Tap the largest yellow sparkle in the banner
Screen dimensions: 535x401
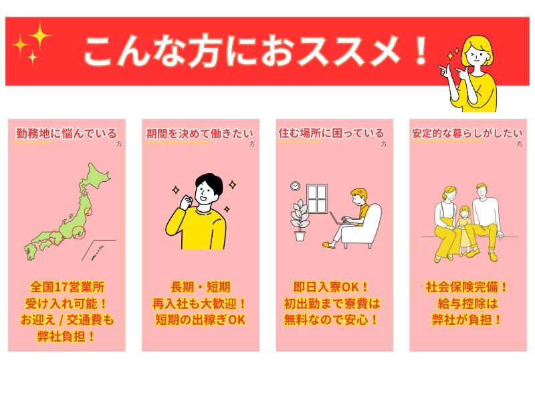[39, 36]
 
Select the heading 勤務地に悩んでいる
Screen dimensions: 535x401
[66, 133]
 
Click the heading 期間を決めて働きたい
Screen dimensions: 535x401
[200, 133]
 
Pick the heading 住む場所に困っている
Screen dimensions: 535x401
[331, 133]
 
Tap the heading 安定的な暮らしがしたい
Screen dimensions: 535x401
[467, 133]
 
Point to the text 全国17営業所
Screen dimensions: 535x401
[68, 287]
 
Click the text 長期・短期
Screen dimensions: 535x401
[200, 287]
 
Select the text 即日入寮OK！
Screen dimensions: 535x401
[330, 287]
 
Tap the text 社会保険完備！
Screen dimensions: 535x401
[467, 287]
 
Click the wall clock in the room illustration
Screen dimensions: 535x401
[295, 186]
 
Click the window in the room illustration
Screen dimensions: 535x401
[317, 198]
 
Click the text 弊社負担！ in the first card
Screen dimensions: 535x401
[66, 337]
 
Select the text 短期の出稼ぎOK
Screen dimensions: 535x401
[200, 320]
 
